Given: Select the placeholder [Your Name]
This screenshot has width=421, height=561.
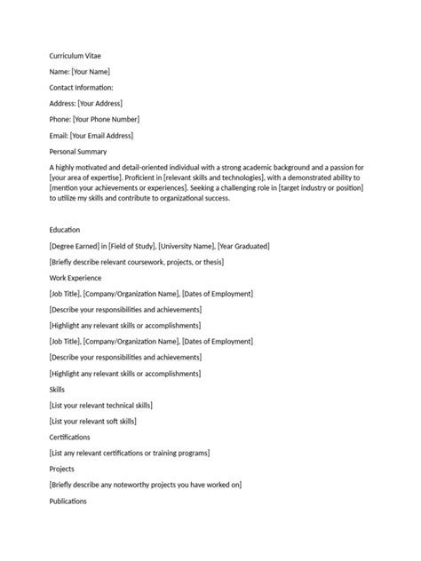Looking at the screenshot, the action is (x=91, y=71).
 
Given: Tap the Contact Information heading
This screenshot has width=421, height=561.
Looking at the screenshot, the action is (x=82, y=87).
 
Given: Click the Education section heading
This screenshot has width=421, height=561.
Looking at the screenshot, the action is (x=65, y=229).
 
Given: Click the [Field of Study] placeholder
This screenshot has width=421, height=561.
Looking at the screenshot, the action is (x=132, y=245).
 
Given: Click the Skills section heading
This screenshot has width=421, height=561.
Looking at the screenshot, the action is (x=59, y=389).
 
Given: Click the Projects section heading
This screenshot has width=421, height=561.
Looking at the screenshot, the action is (x=62, y=469).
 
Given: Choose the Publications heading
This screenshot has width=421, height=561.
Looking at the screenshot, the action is (x=68, y=501).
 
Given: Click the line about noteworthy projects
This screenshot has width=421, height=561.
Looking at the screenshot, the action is (x=146, y=485).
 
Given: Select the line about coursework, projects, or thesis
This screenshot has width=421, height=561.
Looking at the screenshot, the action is (x=137, y=261).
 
